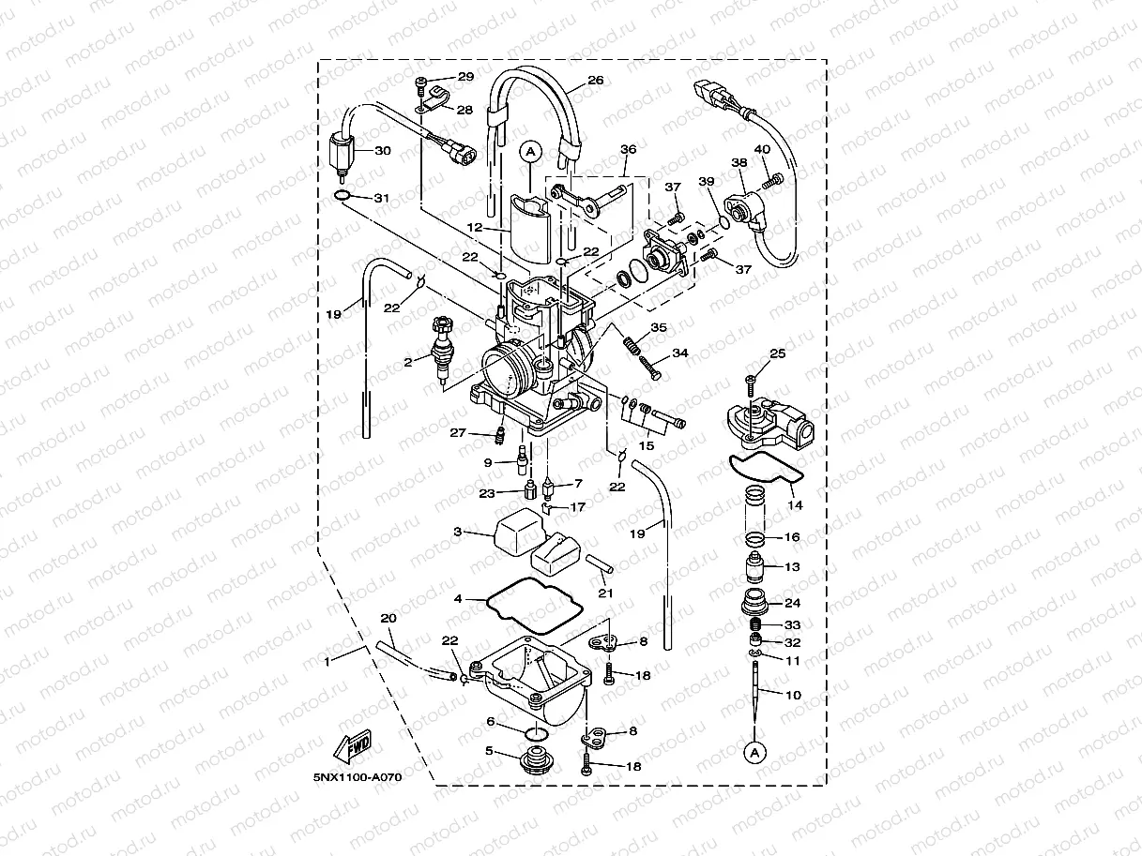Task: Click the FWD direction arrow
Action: [351, 747]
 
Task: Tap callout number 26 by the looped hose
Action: [595, 81]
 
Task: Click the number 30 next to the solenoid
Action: [382, 150]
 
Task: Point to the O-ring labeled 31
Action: [344, 196]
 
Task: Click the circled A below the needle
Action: [753, 750]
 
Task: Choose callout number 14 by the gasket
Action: [796, 505]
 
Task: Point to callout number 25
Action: [777, 354]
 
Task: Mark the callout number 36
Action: [628, 149]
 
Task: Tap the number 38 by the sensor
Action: [739, 162]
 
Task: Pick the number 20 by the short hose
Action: [388, 619]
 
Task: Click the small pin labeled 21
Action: [600, 567]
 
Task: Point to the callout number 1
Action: [327, 662]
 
